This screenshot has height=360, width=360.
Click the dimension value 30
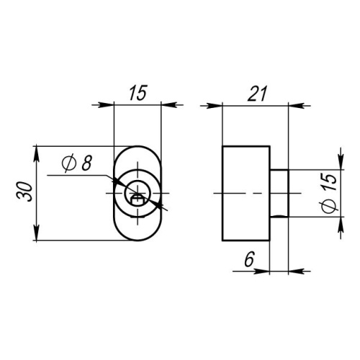coord(24,192)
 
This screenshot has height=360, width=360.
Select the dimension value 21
coord(257,94)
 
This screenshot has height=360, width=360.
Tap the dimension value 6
coord(249,259)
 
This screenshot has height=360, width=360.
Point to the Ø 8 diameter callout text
coord(76,163)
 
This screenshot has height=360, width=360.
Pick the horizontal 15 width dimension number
coord(138,93)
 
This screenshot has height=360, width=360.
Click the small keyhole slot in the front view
coord(138,199)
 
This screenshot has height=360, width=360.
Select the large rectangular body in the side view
coord(246,193)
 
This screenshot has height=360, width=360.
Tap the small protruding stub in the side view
coord(279,193)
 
